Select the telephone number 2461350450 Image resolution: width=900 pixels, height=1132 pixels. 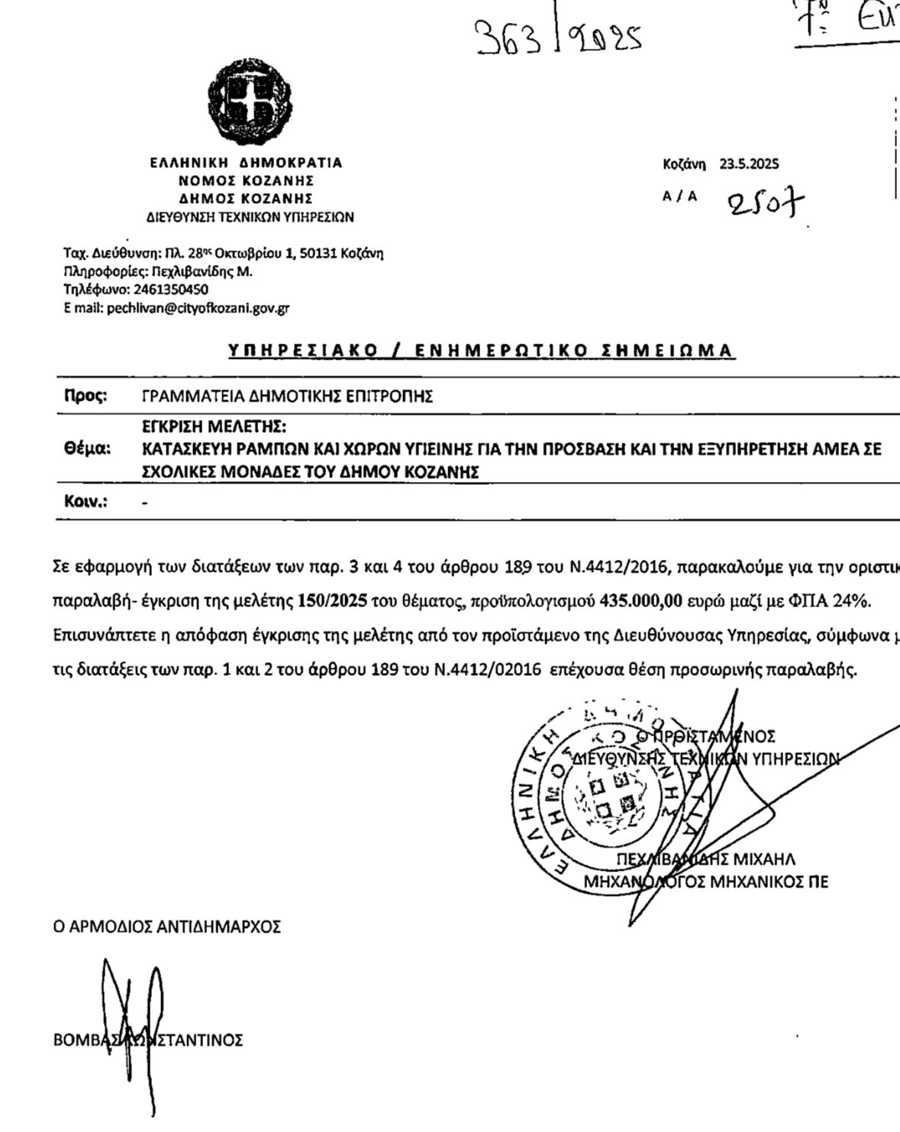click(x=171, y=290)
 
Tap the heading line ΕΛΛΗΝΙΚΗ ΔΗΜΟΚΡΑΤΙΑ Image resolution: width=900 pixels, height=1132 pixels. click(x=246, y=163)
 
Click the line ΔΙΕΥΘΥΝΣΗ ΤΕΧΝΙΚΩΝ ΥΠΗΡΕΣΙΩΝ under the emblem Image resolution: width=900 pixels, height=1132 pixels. click(x=250, y=218)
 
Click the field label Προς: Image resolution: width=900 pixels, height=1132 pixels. click(x=85, y=396)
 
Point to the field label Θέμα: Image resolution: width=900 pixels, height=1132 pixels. click(x=87, y=449)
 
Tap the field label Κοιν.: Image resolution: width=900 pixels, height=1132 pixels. click(x=85, y=502)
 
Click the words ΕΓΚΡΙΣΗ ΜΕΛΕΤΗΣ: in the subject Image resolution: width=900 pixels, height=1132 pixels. click(x=215, y=426)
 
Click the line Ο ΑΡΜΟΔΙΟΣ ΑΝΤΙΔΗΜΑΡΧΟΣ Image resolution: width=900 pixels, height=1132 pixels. click(x=166, y=927)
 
